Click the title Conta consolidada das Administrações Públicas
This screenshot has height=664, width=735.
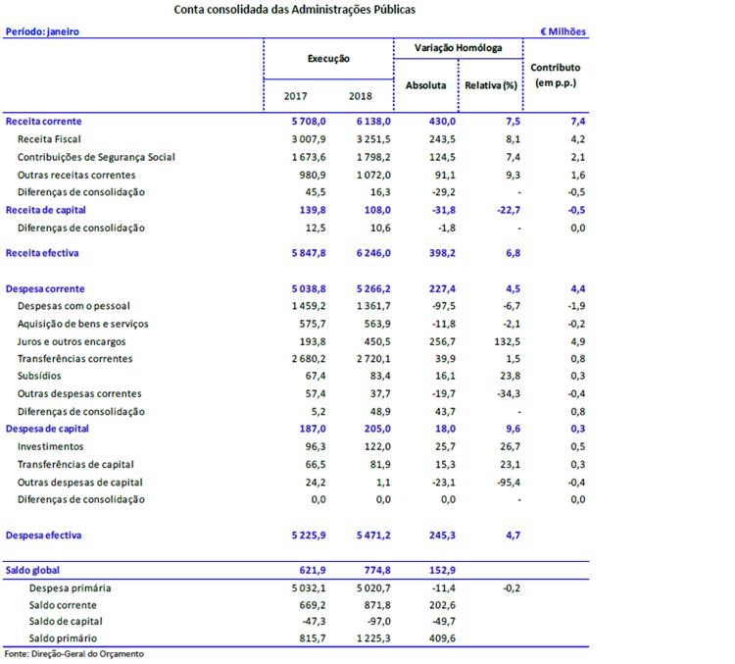(x=294, y=10)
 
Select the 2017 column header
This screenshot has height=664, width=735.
(x=295, y=96)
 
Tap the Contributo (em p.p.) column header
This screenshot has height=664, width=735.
(x=556, y=76)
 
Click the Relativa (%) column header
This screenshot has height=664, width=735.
(x=491, y=85)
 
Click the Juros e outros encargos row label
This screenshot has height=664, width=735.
(x=71, y=341)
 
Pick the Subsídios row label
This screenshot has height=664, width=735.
(x=40, y=377)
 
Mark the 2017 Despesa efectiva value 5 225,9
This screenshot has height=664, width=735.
(x=300, y=536)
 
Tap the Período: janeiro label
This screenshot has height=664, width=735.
(x=42, y=31)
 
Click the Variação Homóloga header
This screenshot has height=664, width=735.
(x=460, y=47)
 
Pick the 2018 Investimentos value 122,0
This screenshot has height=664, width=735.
(x=375, y=446)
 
